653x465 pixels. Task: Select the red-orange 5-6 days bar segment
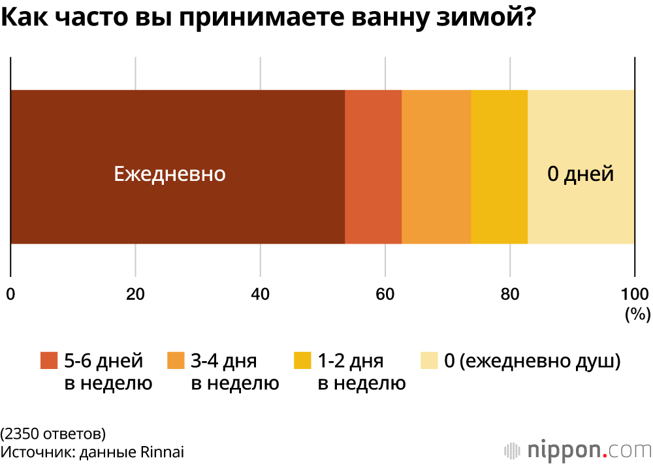tap(373, 167)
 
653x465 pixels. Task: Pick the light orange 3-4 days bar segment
tap(436, 167)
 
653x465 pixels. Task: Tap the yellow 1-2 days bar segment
tap(499, 167)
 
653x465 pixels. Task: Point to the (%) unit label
tap(637, 314)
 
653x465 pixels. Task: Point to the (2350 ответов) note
tap(53, 433)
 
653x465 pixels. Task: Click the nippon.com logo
tap(579, 450)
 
